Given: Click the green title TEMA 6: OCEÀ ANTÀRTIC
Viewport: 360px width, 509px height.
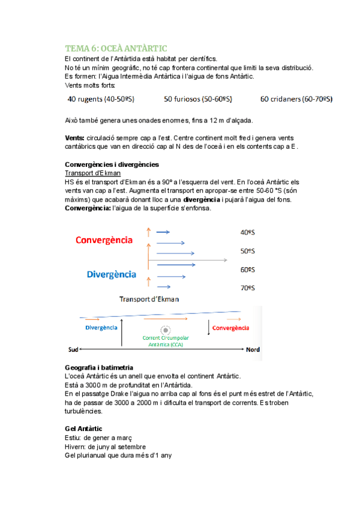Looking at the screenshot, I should pyautogui.click(x=116, y=48).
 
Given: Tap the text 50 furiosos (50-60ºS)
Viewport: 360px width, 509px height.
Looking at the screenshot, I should pyautogui.click(x=199, y=99).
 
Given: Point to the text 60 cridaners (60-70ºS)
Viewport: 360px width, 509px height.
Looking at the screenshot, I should pyautogui.click(x=296, y=99).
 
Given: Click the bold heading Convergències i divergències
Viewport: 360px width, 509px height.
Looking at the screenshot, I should pyautogui.click(x=112, y=164).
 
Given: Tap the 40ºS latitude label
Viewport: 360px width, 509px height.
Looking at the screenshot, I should pyautogui.click(x=247, y=232).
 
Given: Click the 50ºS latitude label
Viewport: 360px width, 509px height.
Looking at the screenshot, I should pyautogui.click(x=247, y=251).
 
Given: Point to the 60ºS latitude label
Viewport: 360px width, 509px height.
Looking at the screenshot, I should pyautogui.click(x=247, y=270).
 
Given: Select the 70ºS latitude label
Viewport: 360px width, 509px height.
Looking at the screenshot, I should pyautogui.click(x=247, y=288).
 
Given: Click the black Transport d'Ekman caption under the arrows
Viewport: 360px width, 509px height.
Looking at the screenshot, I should pyautogui.click(x=149, y=299).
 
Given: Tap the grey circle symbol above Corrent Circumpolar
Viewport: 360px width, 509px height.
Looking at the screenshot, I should pyautogui.click(x=165, y=330).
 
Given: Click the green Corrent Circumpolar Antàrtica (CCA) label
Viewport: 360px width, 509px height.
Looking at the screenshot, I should pyautogui.click(x=163, y=342).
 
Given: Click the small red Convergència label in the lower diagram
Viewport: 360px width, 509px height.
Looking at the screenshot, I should pyautogui.click(x=231, y=328).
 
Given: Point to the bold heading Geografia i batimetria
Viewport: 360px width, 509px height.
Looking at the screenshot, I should pyautogui.click(x=98, y=367).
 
